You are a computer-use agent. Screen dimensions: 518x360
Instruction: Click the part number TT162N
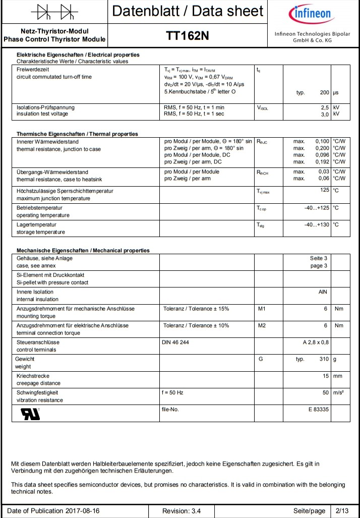point(187,36)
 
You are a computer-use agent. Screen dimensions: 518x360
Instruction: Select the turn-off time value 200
point(325,93)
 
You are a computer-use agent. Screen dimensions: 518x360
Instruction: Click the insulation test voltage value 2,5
point(325,107)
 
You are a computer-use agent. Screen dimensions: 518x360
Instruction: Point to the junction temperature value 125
point(324,190)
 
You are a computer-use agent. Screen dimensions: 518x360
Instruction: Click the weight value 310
point(324,359)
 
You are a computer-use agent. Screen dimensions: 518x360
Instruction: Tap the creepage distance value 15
point(326,376)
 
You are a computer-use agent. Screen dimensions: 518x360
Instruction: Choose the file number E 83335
point(319,409)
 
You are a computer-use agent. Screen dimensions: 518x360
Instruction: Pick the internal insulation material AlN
point(323,292)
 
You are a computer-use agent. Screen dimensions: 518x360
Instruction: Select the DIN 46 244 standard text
point(175,342)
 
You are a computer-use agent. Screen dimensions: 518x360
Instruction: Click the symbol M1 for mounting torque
point(262,308)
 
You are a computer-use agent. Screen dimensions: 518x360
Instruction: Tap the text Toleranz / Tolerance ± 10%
point(196,325)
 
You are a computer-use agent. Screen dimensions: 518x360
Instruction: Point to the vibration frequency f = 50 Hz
point(172,392)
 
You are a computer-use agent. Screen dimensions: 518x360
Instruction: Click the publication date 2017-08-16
point(82,511)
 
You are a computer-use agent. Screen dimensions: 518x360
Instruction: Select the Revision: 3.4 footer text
point(182,511)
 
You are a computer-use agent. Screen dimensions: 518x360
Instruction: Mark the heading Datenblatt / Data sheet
point(187,11)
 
